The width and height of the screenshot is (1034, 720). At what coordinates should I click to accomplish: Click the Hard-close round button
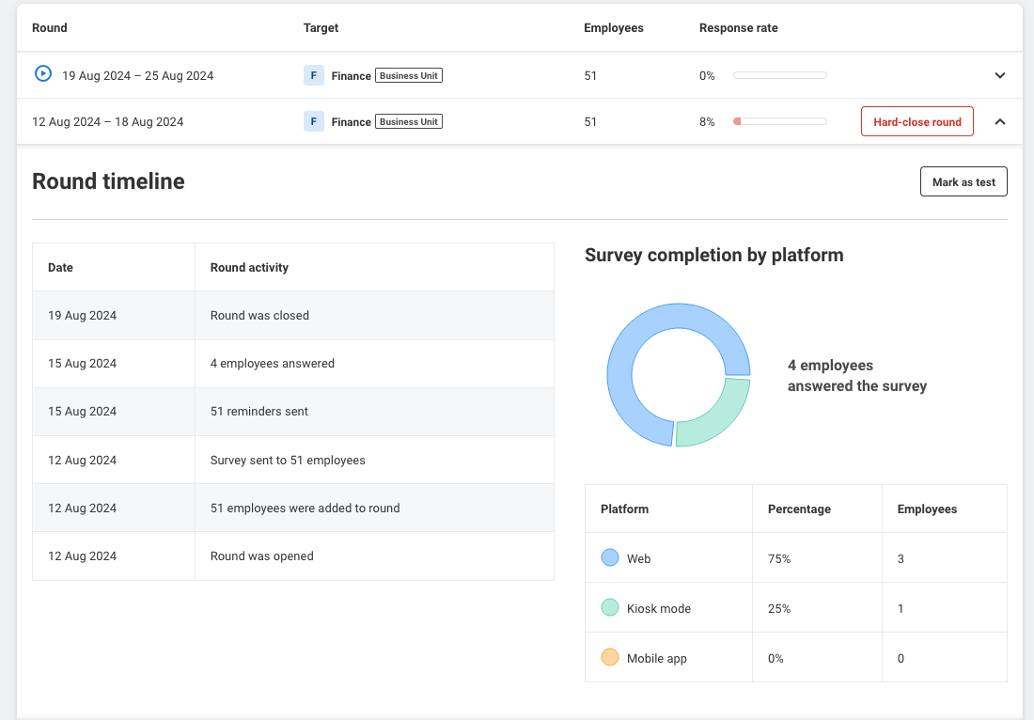(916, 122)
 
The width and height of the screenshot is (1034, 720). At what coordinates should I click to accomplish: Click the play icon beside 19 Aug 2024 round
(43, 73)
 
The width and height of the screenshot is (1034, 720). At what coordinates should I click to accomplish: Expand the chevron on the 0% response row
(1000, 75)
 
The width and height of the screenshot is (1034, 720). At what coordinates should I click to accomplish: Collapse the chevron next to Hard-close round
(1000, 122)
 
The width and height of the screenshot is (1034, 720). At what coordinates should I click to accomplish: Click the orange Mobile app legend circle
(610, 657)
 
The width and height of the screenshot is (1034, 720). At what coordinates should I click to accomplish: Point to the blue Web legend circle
(610, 557)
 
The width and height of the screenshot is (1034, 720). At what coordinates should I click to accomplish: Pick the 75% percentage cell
(779, 558)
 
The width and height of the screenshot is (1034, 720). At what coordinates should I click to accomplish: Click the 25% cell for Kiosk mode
(779, 608)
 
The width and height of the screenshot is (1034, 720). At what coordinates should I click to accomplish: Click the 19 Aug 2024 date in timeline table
(83, 315)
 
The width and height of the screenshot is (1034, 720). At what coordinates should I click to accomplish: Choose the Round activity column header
(249, 267)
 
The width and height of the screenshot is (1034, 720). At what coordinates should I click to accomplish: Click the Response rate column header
(739, 27)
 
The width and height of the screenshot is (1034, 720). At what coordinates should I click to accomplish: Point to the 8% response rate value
(707, 122)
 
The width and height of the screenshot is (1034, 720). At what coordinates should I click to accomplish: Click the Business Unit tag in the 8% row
(409, 121)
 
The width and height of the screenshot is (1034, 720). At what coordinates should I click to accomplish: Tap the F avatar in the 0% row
(314, 75)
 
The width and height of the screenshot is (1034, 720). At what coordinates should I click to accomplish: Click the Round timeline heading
(108, 181)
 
